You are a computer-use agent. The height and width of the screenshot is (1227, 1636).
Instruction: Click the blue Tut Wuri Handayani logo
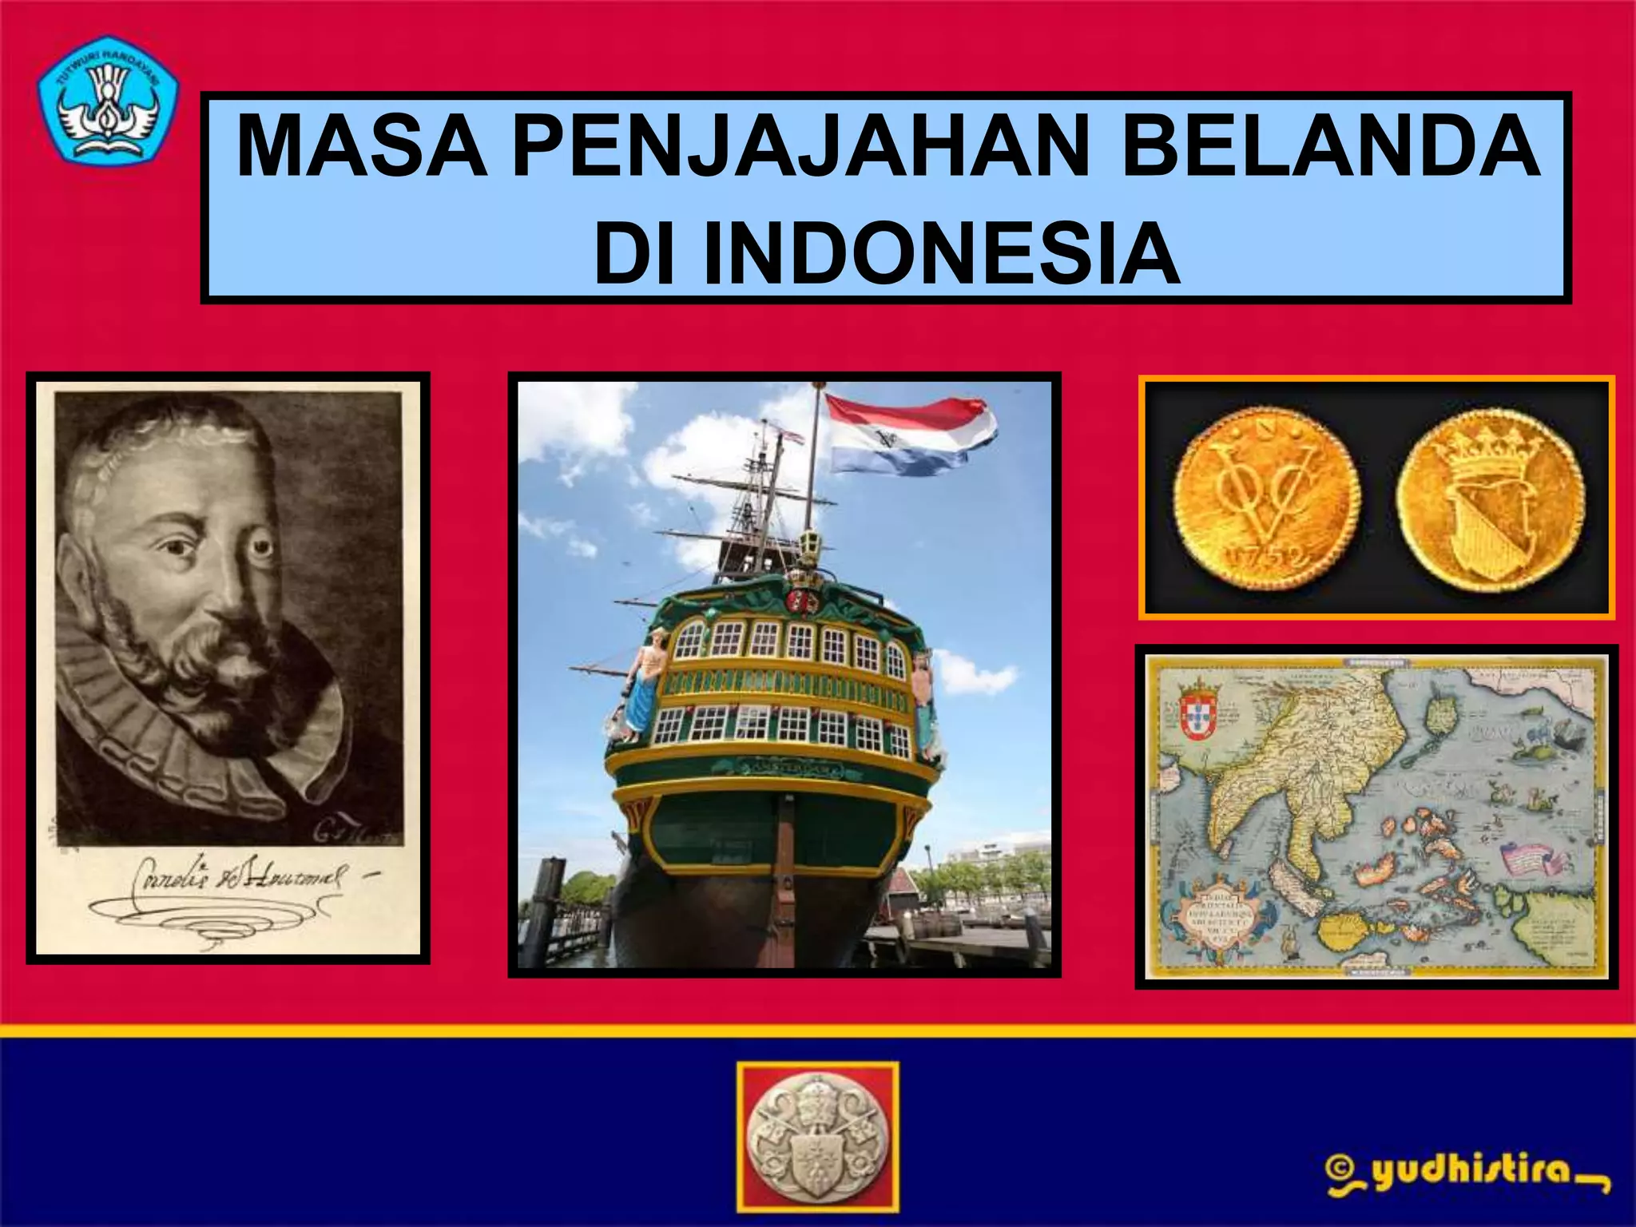pos(108,101)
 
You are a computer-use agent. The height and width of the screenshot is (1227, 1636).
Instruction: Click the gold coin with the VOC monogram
pos(1266,498)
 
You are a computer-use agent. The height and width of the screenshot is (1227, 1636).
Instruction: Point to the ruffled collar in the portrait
pos(200,743)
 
